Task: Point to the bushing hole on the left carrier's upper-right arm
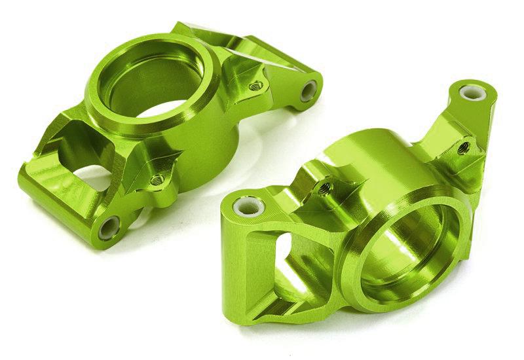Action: pos(309,91)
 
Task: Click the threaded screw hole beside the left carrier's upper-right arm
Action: pos(256,84)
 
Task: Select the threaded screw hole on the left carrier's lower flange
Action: pos(156,179)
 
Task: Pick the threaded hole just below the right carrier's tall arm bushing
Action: pos(462,148)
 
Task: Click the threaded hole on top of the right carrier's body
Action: pos(323,188)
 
